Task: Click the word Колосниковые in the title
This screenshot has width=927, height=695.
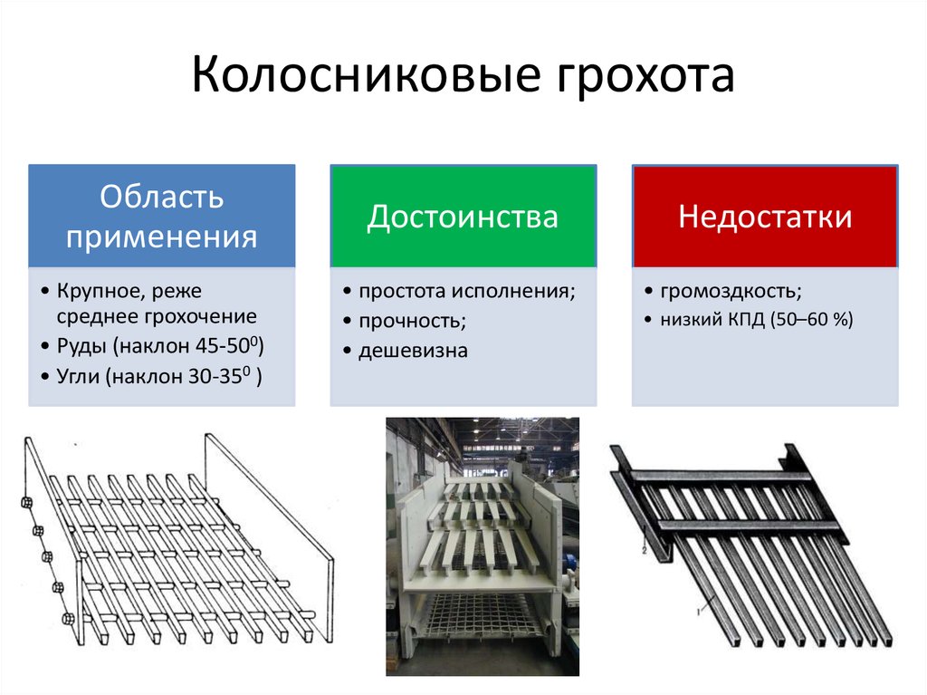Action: [366, 75]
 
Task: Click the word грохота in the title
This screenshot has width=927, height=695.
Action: [645, 77]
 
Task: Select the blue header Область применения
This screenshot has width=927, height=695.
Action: [162, 216]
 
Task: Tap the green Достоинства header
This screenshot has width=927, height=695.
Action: [463, 216]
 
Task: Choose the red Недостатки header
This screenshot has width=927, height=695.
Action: [765, 216]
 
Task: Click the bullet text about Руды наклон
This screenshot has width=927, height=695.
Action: [160, 345]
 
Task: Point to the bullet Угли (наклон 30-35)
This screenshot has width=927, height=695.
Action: [159, 376]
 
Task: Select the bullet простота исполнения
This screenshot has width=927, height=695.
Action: [467, 291]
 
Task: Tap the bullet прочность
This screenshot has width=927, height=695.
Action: [413, 321]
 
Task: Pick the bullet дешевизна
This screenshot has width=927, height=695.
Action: [413, 351]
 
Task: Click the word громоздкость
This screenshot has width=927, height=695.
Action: [731, 291]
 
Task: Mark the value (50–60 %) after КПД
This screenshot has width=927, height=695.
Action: [812, 320]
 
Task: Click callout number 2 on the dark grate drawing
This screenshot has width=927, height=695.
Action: [645, 551]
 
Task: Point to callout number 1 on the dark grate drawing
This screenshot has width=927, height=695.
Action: [698, 612]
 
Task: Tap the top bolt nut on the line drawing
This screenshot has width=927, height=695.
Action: [26, 503]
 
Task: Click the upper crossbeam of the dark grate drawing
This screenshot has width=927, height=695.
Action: [718, 476]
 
